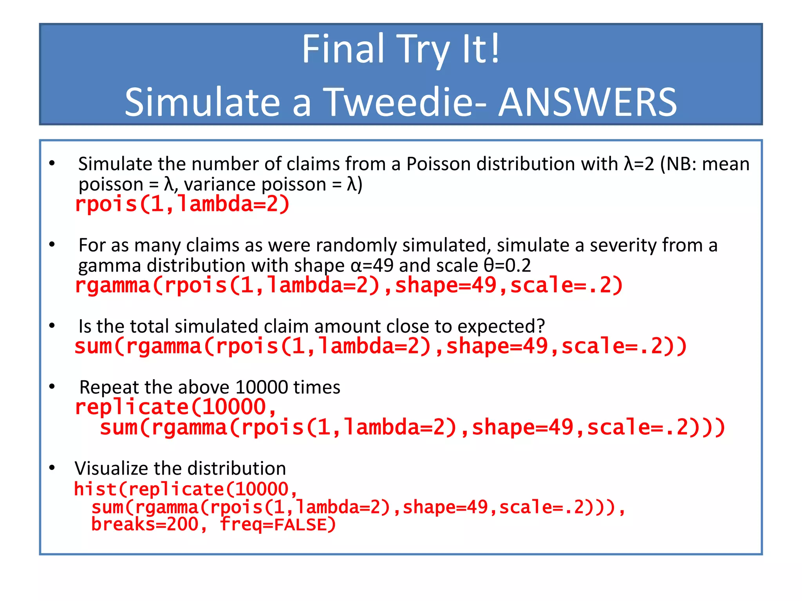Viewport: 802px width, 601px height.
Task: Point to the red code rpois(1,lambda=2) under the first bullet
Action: point(182,204)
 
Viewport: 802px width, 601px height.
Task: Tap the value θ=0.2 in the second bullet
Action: point(507,266)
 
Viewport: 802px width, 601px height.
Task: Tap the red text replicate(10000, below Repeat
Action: point(176,407)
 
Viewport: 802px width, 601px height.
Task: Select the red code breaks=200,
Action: point(149,525)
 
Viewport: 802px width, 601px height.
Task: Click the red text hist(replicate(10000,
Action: point(186,489)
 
